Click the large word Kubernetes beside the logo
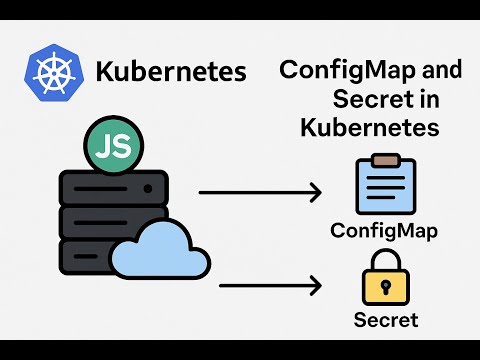tap(170, 73)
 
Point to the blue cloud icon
tap(160, 250)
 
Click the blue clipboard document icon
tap(385, 187)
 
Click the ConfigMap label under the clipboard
tap(385, 232)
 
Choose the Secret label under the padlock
tap(386, 321)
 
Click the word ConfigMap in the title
tap(336, 72)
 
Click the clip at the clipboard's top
tap(385, 159)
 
